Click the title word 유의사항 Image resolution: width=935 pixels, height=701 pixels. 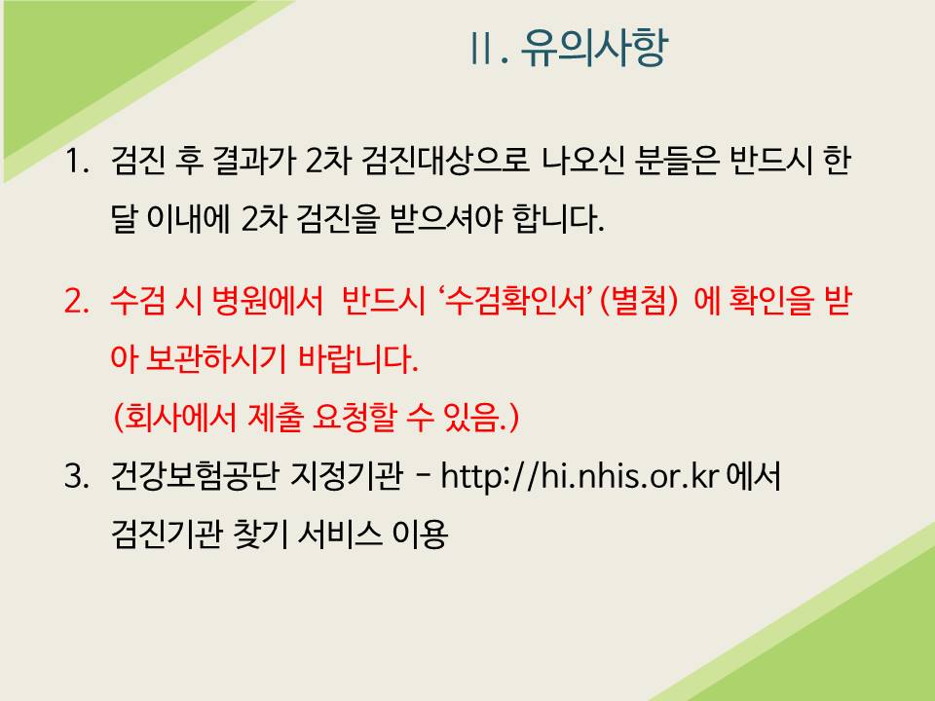[594, 48]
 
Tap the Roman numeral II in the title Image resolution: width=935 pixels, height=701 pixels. [481, 49]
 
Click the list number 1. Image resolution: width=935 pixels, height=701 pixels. [76, 161]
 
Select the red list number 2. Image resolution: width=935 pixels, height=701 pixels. [76, 301]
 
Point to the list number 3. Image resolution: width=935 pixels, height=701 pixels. [76, 476]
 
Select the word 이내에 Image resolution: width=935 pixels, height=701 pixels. [188, 219]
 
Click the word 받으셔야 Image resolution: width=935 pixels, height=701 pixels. [447, 219]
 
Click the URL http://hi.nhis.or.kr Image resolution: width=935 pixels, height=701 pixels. [580, 477]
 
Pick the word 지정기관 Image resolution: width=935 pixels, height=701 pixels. [347, 476]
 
